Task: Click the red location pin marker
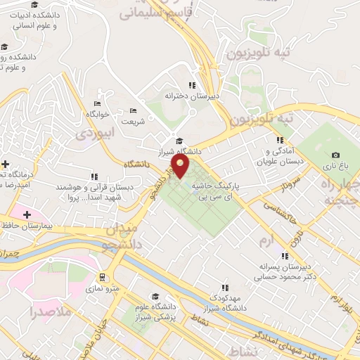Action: [x=181, y=167]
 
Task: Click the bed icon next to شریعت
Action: [x=134, y=110]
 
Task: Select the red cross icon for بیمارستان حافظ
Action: [x=27, y=214]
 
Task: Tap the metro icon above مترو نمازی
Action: [x=103, y=277]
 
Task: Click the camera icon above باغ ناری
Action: [x=335, y=155]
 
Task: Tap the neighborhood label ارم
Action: [x=265, y=241]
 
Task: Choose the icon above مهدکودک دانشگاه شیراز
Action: [x=225, y=287]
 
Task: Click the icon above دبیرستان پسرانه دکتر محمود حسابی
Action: [x=285, y=256]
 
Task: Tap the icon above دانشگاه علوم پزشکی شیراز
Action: [x=155, y=296]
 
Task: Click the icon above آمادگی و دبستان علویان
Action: [x=279, y=140]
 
